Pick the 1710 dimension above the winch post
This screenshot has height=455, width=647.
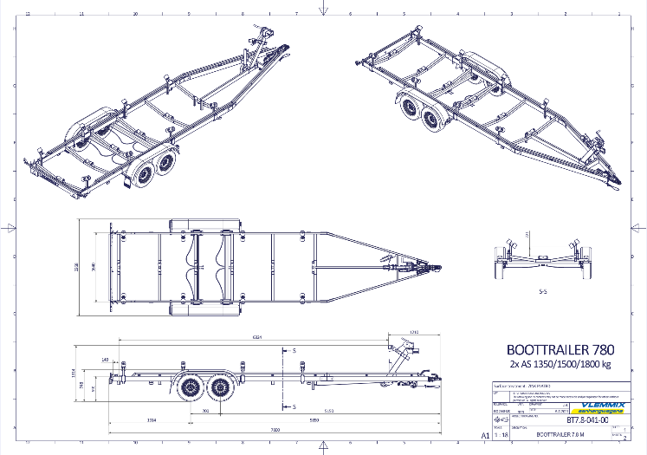(413, 332)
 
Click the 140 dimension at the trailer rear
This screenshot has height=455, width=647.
(105, 359)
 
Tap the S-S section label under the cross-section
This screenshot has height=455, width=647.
(542, 292)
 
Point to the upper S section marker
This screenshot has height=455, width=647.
(294, 350)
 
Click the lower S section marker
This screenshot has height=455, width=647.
(294, 406)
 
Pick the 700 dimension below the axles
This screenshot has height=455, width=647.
(205, 410)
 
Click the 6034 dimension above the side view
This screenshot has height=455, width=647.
(257, 337)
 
